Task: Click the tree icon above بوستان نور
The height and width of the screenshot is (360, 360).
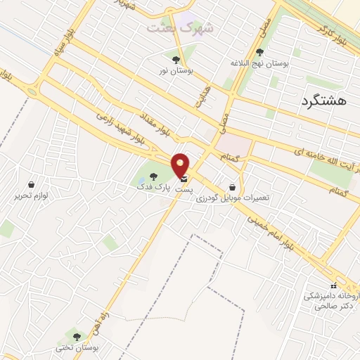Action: pos(176,60)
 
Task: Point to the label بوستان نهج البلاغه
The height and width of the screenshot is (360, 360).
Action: pos(259,63)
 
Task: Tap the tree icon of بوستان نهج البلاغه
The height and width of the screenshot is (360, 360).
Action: pos(260,51)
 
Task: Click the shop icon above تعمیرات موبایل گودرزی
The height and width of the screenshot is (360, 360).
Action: pos(232,187)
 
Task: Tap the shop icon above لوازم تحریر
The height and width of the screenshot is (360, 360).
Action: pos(31,184)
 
